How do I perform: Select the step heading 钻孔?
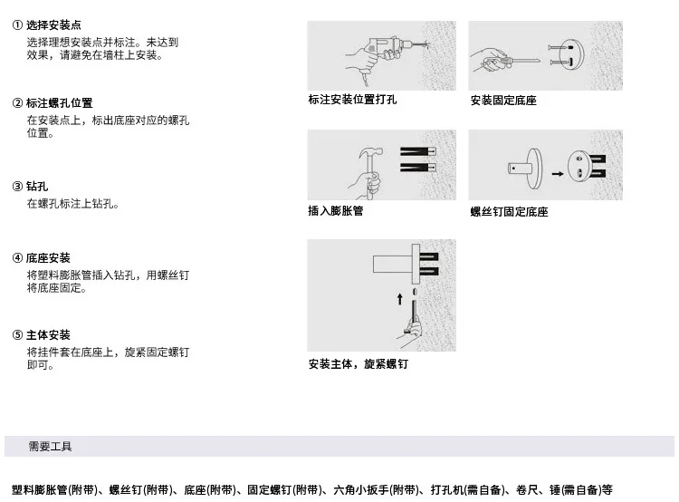37,187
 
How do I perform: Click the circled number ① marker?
17,25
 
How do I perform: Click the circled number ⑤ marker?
17,335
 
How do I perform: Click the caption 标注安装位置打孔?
352,100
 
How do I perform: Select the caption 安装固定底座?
503,101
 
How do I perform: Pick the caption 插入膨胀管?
335,211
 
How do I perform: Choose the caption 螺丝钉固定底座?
509,212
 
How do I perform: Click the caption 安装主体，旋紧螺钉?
358,364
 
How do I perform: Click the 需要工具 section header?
51,447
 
